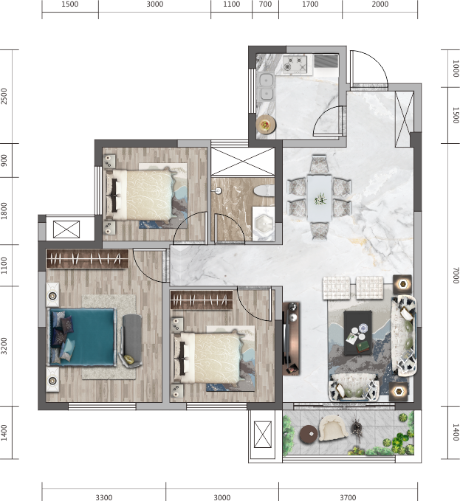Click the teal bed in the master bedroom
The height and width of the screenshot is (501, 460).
click(x=82, y=336)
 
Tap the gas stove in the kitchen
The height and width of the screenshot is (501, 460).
click(x=295, y=64)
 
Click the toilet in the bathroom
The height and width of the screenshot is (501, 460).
click(x=264, y=191)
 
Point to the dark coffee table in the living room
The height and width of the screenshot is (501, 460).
click(x=358, y=333)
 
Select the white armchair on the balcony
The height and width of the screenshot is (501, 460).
click(x=334, y=428)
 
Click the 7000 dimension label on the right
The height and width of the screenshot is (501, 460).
click(x=456, y=275)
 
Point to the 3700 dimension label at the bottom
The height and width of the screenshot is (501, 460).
click(x=348, y=497)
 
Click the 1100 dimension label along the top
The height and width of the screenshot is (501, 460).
click(x=231, y=4)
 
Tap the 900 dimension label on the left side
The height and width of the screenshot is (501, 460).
click(x=4, y=160)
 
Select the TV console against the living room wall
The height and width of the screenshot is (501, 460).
click(x=291, y=339)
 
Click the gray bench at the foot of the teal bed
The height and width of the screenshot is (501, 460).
click(x=132, y=340)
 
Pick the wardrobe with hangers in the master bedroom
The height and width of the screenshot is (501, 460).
click(x=87, y=259)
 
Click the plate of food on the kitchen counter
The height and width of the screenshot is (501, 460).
click(x=266, y=124)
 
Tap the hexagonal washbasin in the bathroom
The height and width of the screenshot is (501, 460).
click(x=264, y=224)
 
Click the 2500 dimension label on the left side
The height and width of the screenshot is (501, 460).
click(x=4, y=96)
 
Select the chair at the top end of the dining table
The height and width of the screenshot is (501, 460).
click(x=319, y=165)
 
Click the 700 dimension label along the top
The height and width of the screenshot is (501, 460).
click(x=265, y=4)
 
